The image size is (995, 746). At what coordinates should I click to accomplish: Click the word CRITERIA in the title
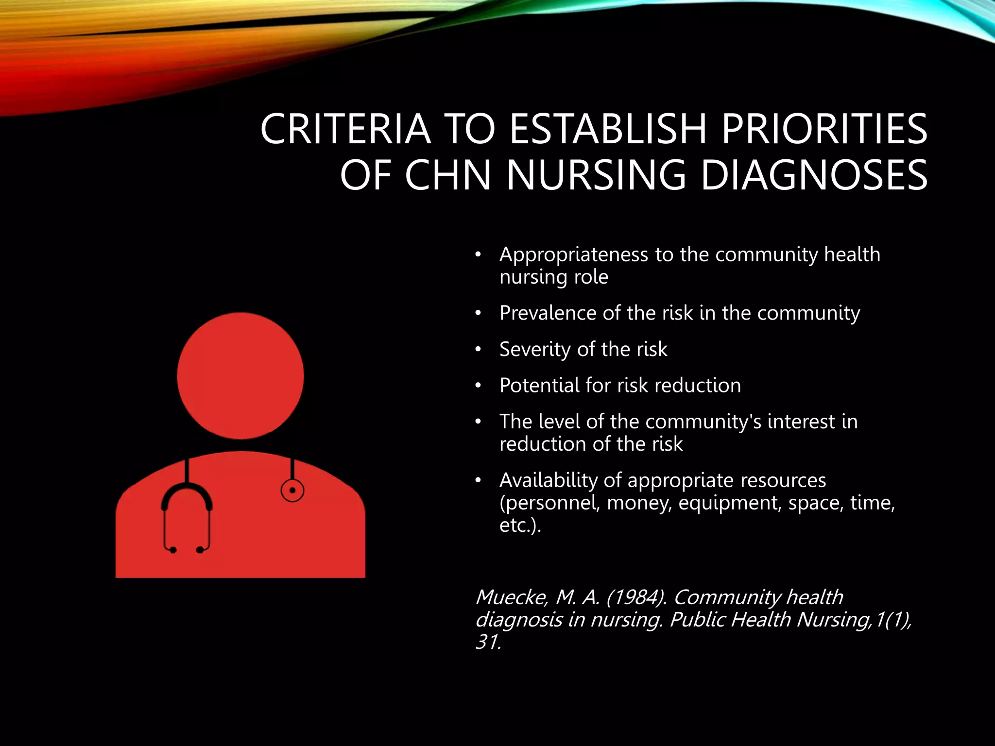[x=345, y=129]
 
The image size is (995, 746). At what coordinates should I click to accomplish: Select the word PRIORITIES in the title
[x=824, y=129]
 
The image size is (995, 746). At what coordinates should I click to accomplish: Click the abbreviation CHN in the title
[x=448, y=175]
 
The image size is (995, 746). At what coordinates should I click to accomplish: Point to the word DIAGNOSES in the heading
[x=814, y=175]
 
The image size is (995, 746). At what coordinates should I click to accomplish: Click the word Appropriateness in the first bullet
[x=574, y=255]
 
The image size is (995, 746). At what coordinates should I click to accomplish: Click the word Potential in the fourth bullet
[x=539, y=385]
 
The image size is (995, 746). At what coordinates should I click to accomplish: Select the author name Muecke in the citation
[x=511, y=597]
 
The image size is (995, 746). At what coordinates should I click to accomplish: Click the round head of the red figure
[x=240, y=376]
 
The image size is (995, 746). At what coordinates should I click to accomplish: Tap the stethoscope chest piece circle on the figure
[x=292, y=490]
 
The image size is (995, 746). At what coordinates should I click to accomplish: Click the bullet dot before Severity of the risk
[x=478, y=349]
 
